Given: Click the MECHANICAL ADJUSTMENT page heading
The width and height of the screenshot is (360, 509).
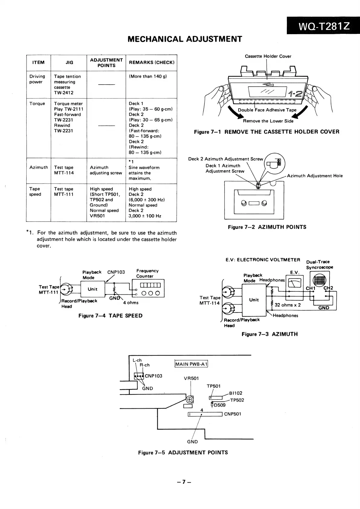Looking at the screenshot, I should click(185, 39).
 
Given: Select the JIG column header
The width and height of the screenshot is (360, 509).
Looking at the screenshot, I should click(69, 63).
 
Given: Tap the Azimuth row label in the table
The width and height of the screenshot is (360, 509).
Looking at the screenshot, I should click(39, 167).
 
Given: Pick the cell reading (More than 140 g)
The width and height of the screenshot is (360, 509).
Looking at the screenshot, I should click(148, 76).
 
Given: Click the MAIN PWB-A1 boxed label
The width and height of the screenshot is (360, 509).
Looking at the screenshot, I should click(191, 364).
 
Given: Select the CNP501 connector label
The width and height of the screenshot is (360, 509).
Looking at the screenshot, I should click(232, 414).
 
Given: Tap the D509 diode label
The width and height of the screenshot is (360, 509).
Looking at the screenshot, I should click(219, 405).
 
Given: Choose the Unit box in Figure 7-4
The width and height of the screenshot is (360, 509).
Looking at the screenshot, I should click(92, 289).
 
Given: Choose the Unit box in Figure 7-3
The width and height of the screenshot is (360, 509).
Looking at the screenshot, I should click(254, 300).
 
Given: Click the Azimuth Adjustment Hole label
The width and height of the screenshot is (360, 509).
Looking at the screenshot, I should click(315, 176).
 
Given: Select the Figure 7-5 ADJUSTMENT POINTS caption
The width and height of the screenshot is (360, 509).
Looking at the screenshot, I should click(183, 452).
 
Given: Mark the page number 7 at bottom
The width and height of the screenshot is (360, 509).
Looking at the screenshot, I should click(184, 482).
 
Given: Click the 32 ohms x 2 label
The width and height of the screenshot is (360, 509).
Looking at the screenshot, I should click(287, 305).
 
